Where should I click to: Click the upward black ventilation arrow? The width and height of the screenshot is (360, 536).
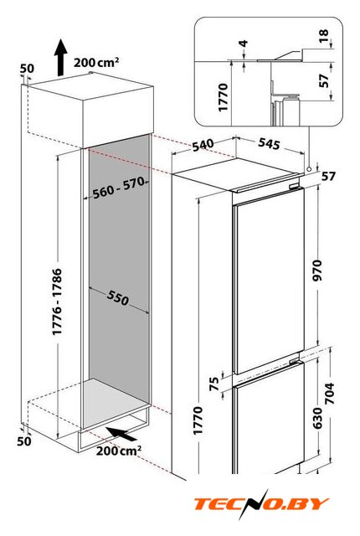tap(61, 57)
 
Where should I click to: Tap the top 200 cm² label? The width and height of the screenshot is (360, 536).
tap(96, 62)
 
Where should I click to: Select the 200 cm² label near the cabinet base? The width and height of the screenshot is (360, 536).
tap(118, 450)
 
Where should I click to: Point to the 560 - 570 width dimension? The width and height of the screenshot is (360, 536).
tap(119, 188)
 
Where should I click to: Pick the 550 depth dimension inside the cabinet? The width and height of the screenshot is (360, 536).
tap(118, 297)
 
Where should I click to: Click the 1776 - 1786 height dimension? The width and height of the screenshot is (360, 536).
tap(57, 301)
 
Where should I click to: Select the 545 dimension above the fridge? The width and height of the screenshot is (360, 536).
tap(269, 143)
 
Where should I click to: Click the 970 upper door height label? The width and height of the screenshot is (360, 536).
tap(317, 270)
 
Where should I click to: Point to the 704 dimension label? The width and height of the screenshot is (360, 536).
tap(330, 394)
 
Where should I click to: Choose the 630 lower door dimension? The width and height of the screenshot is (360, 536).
tap(317, 418)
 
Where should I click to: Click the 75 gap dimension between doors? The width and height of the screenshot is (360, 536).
tap(213, 384)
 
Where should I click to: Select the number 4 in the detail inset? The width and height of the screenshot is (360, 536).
tap(243, 44)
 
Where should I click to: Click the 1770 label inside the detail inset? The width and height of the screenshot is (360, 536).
tap(223, 97)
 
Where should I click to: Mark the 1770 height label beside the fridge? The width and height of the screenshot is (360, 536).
tap(198, 420)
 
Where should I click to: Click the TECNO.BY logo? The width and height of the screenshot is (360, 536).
tap(262, 504)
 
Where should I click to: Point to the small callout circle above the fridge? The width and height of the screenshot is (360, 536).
tap(309, 169)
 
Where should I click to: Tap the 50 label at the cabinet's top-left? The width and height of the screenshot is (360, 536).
tap(27, 69)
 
